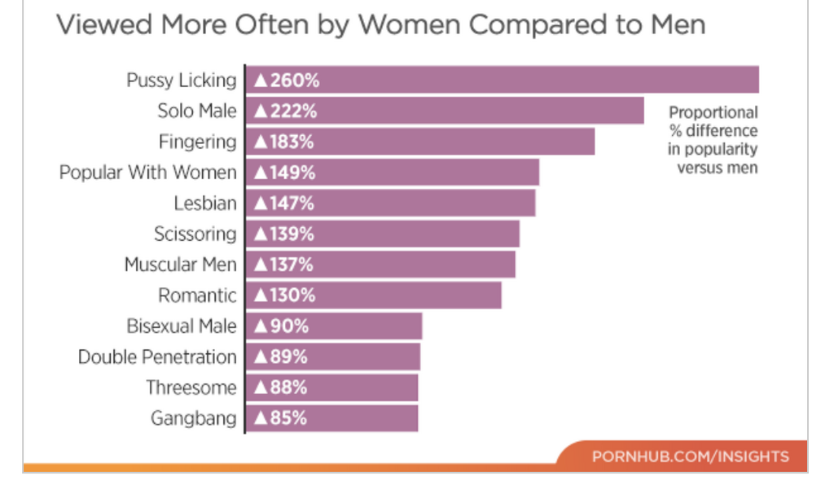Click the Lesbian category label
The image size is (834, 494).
click(x=204, y=203)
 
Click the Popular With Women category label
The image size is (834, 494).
click(x=147, y=173)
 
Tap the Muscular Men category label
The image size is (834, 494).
click(x=180, y=265)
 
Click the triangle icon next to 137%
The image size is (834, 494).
click(x=261, y=265)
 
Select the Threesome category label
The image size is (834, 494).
click(x=191, y=388)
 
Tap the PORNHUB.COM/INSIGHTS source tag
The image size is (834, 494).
click(x=690, y=457)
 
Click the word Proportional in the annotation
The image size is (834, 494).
click(x=713, y=113)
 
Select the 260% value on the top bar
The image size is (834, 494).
click(x=293, y=81)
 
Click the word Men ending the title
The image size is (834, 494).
click(x=675, y=24)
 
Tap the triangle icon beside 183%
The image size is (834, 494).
click(x=261, y=142)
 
